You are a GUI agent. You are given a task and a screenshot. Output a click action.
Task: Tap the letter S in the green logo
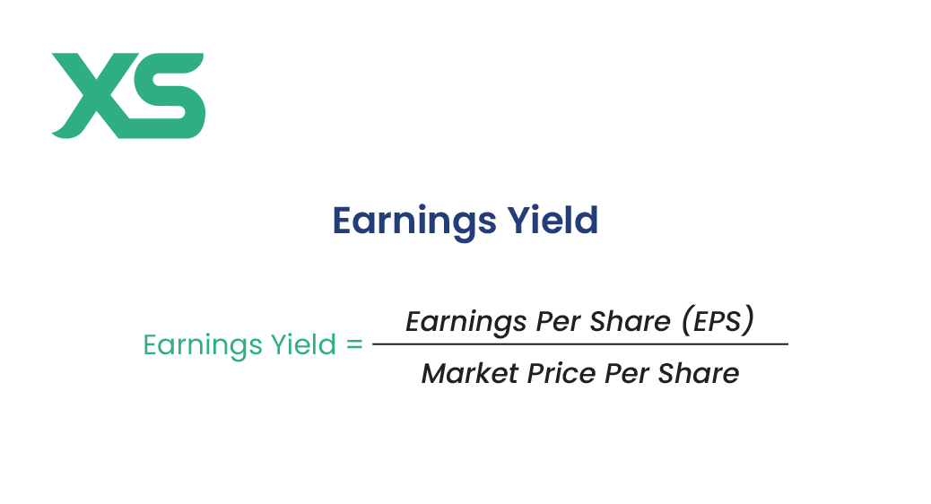pos(166,95)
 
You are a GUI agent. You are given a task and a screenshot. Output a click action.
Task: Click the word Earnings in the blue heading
pos(413,222)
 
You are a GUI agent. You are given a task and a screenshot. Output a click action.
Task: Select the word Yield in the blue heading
pos(553,221)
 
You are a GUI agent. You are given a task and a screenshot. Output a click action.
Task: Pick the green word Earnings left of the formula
pos(203,345)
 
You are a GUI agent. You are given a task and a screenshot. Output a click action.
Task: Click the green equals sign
pos(354,344)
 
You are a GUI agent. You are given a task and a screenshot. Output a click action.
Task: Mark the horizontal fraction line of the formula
pos(580,343)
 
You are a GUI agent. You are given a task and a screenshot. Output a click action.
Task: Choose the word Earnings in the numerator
pos(466,322)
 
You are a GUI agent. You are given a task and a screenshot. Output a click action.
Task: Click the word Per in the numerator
pos(558,321)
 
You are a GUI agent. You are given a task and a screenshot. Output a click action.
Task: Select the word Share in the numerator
pos(630,321)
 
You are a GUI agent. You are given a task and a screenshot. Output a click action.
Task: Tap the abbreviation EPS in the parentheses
pos(717,321)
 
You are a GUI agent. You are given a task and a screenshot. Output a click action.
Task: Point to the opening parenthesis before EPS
pos(687,321)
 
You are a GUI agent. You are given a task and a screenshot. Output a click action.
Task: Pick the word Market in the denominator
pos(470,373)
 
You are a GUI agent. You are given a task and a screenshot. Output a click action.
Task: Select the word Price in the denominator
pos(561,373)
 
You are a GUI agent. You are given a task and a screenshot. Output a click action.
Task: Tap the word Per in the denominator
pos(627,373)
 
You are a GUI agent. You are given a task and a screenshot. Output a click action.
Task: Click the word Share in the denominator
pos(698,373)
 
